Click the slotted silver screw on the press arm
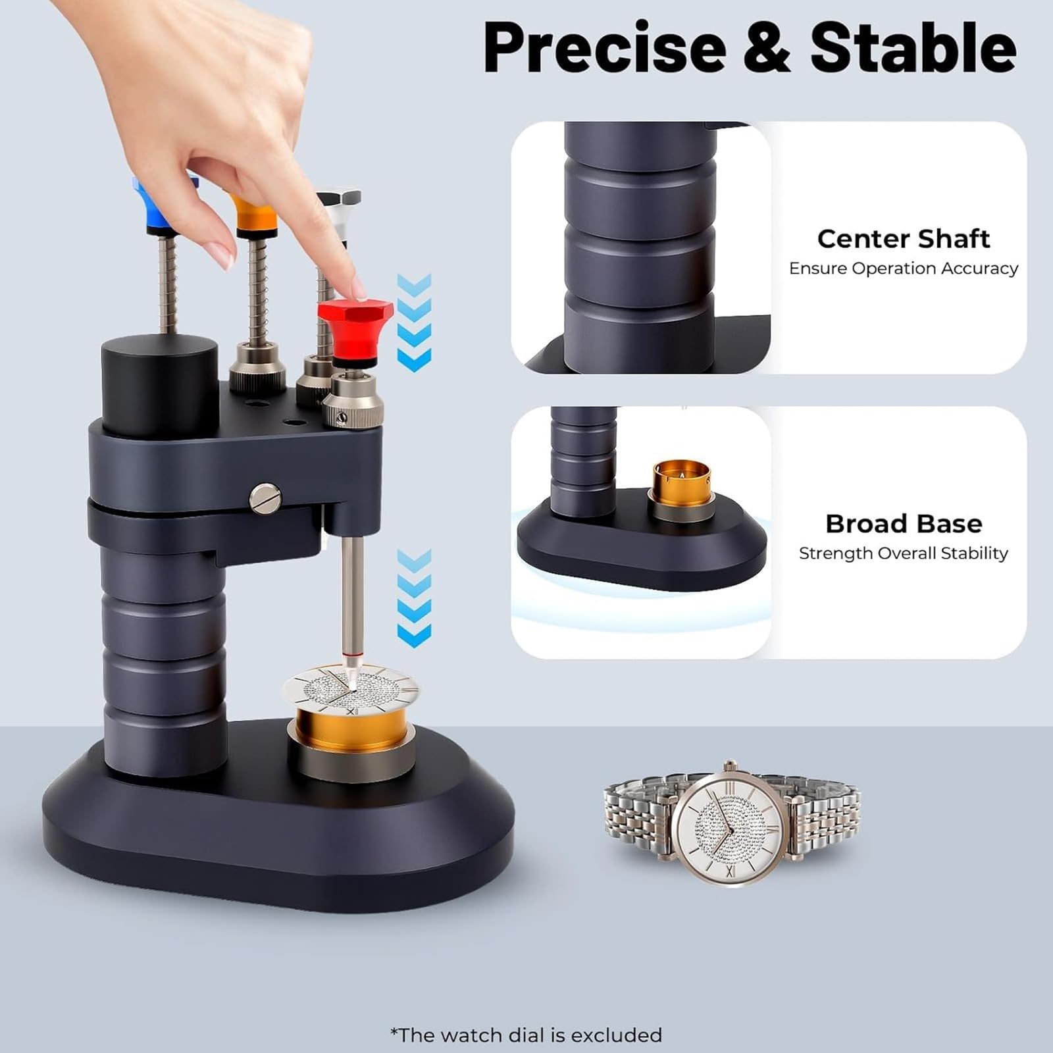pyautogui.click(x=265, y=497)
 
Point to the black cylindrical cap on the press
pyautogui.click(x=160, y=385)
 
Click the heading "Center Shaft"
pyautogui.click(x=903, y=239)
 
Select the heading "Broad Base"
pyautogui.click(x=904, y=524)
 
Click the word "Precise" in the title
pyautogui.click(x=605, y=48)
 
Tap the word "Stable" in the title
pyautogui.click(x=913, y=47)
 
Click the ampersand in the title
pyautogui.click(x=768, y=48)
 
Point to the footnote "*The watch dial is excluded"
pyautogui.click(x=526, y=1035)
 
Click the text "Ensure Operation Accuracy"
pyautogui.click(x=904, y=269)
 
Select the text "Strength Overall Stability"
pyautogui.click(x=904, y=553)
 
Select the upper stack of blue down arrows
pyautogui.click(x=414, y=322)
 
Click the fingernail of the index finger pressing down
pyautogui.click(x=358, y=288)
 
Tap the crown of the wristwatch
pyautogui.click(x=730, y=765)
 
